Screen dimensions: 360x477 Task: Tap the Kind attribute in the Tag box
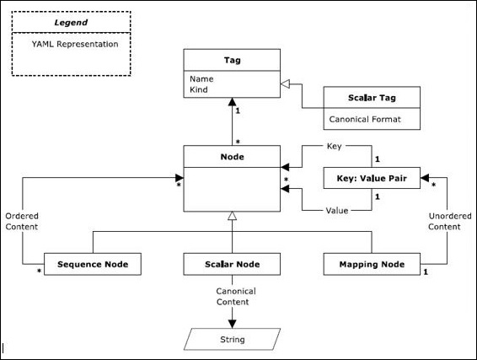(x=200, y=89)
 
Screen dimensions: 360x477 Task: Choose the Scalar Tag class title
(x=372, y=99)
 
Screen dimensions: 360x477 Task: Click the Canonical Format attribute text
(x=364, y=120)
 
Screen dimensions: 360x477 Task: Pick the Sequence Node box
(x=92, y=264)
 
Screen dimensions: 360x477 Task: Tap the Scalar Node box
(x=232, y=264)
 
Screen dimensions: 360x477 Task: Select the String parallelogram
(x=233, y=339)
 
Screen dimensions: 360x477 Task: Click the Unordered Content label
(x=444, y=221)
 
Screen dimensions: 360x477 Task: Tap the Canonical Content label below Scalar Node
(x=233, y=297)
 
